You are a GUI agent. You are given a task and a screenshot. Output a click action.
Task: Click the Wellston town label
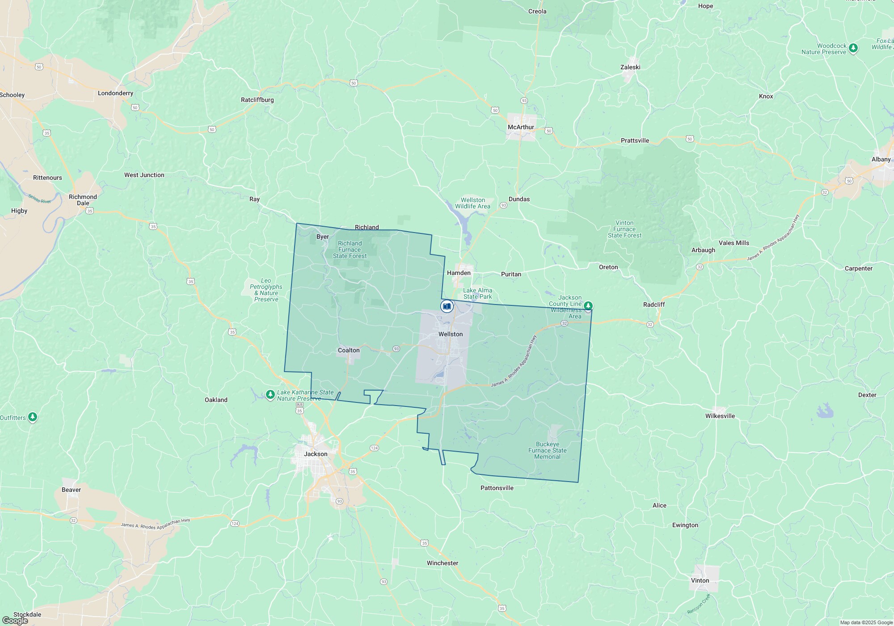click(x=451, y=334)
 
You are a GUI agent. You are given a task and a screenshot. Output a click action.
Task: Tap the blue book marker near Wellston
click(x=447, y=306)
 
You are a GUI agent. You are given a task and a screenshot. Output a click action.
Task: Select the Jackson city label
click(x=316, y=454)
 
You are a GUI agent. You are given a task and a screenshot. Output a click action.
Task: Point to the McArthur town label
click(x=521, y=127)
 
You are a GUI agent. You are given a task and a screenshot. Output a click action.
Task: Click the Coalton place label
click(x=349, y=350)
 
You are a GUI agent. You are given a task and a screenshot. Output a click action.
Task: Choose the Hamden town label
click(x=459, y=273)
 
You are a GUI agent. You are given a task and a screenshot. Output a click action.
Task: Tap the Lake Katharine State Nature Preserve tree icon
click(x=270, y=394)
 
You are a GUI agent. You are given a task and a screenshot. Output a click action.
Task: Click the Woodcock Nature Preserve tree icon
click(x=853, y=48)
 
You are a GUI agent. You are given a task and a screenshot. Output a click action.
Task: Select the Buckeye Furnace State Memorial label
click(x=547, y=450)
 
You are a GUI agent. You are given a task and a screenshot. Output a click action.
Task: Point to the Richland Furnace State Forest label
click(x=350, y=250)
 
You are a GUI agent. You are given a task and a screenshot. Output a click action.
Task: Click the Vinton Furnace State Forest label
click(x=624, y=229)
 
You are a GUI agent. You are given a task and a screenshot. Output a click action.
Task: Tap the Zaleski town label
click(x=630, y=67)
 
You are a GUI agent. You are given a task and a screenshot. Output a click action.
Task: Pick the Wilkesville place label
click(x=720, y=416)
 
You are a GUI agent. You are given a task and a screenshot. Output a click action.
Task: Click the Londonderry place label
click(x=115, y=93)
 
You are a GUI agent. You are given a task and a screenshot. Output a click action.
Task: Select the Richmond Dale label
click(x=83, y=200)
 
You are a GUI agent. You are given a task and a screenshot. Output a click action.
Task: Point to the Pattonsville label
click(x=497, y=488)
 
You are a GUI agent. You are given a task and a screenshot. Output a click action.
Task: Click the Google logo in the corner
click(x=15, y=621)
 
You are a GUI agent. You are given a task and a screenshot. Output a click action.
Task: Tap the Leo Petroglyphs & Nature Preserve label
click(x=266, y=290)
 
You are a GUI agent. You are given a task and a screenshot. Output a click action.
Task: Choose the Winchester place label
click(x=442, y=563)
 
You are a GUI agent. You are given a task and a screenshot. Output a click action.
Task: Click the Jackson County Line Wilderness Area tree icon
click(x=588, y=306)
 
